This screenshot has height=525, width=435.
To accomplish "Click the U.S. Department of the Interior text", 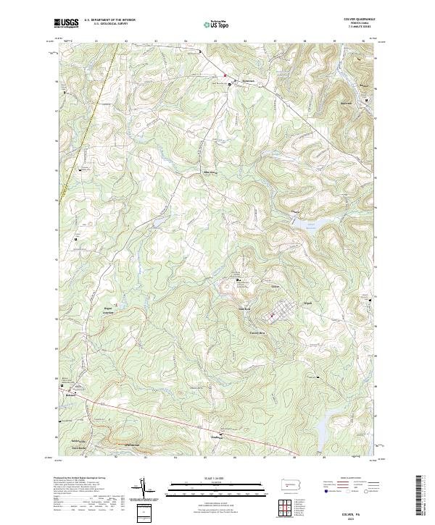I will tap(109, 20).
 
